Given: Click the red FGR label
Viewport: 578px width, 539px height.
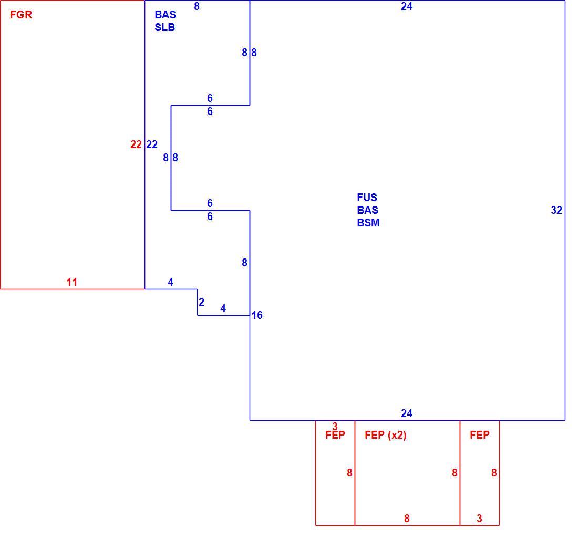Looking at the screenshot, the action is click(21, 15).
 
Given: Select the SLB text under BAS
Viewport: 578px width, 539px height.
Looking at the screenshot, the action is click(165, 27).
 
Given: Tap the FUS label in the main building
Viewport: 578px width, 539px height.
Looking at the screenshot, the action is click(367, 198).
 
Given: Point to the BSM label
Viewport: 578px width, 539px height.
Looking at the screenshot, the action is click(368, 223).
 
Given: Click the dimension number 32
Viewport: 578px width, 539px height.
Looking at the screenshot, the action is click(556, 210).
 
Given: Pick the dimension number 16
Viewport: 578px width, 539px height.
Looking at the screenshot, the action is click(257, 315).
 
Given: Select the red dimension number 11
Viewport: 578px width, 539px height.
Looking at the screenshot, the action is click(72, 282).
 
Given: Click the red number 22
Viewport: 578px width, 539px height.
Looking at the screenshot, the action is click(136, 144).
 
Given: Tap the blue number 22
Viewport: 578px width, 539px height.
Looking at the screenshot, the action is click(152, 144).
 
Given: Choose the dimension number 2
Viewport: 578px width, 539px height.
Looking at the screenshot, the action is click(201, 302).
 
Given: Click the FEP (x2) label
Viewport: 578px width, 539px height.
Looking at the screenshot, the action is click(386, 435).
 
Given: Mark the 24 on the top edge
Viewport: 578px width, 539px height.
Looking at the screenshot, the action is click(407, 6).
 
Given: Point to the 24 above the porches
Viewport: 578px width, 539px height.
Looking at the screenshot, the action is click(407, 413).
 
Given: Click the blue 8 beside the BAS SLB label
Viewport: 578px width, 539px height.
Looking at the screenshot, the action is click(197, 6).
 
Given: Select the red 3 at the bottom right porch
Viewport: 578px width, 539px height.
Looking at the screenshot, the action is click(479, 519).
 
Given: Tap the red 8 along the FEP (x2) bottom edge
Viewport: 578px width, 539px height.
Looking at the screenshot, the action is click(407, 519).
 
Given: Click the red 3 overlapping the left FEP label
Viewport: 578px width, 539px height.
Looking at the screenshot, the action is click(335, 427).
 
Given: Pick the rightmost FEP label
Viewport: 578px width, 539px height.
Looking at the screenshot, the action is click(480, 435).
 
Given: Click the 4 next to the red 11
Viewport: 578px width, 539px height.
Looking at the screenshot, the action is click(170, 282).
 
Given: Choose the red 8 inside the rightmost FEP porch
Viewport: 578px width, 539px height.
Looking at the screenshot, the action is click(494, 473).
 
